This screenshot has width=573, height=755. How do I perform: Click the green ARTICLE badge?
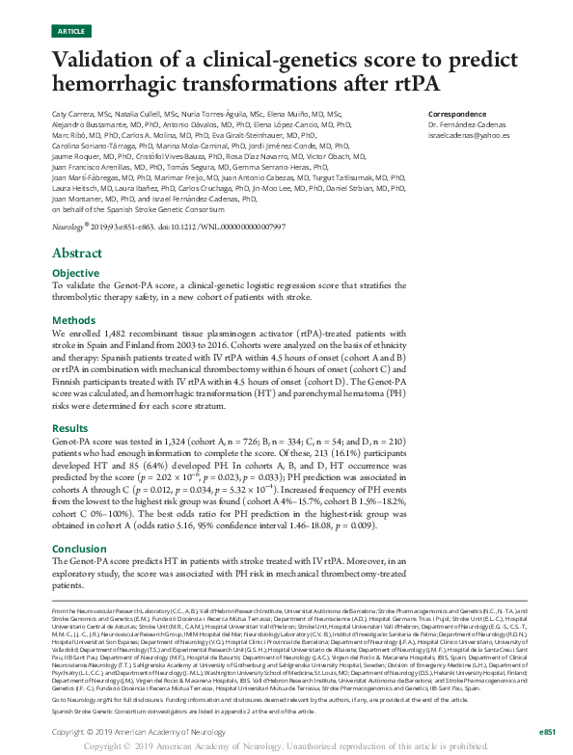point(71,31)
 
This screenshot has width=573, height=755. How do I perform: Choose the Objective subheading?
point(75,273)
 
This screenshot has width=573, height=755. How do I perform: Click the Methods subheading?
point(73,320)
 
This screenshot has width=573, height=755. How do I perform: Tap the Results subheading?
point(70,426)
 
